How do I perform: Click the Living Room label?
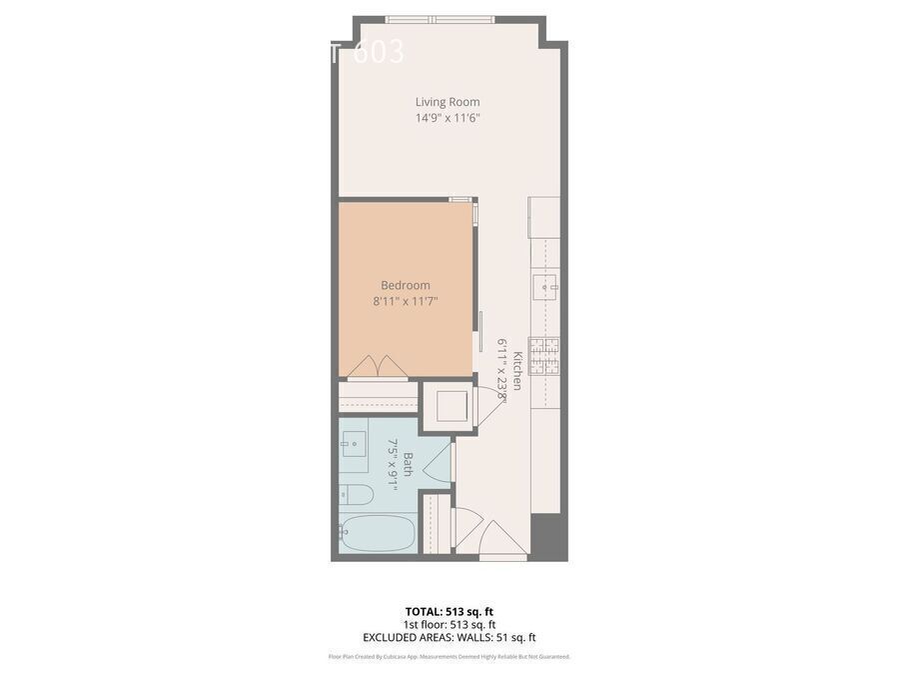coord(448,102)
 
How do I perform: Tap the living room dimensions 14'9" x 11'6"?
coord(448,118)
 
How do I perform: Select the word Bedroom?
coord(405,285)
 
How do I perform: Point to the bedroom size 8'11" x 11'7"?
coord(405,301)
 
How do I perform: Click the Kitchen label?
coord(517,370)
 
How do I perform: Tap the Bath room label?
coord(408,464)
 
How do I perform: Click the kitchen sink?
coord(548,287)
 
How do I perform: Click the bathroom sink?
coord(354,444)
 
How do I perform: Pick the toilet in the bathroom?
coord(356,494)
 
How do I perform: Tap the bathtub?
coord(376,534)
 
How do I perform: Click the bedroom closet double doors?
coord(378,367)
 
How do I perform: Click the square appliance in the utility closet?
coord(447,406)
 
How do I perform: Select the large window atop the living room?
coord(440,19)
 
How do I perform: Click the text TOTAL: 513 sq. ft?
coord(449,611)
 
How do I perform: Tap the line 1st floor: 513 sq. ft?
coord(449,624)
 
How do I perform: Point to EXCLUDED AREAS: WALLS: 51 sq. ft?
coord(449,637)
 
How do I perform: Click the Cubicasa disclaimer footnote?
coord(449,657)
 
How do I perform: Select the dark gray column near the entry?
coord(548,537)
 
